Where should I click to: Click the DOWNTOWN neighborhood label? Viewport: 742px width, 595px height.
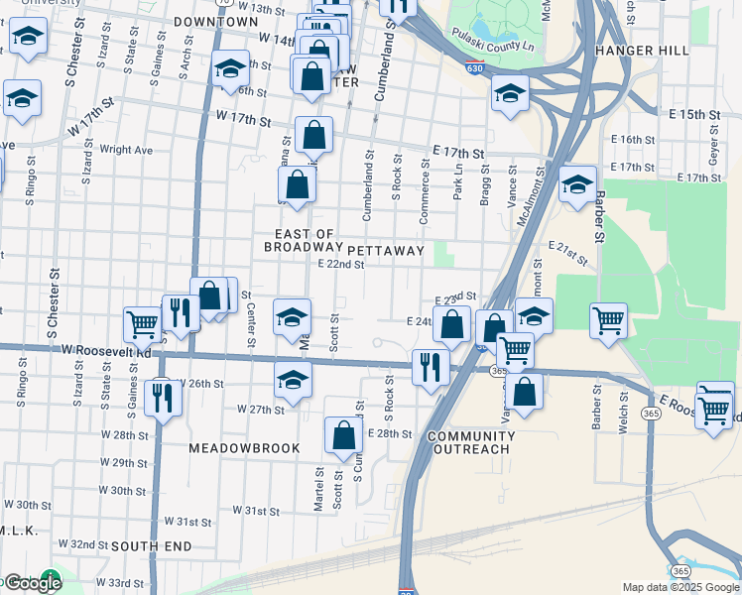[215, 21]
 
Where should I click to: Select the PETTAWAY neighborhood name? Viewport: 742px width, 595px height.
[385, 251]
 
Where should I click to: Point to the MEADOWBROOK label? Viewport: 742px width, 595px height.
[244, 448]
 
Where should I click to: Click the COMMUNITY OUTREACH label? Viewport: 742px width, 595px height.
[469, 442]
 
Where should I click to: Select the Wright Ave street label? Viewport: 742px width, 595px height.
[126, 150]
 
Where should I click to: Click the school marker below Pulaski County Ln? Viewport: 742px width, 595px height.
[510, 94]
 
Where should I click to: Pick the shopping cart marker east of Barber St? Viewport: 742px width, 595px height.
[608, 319]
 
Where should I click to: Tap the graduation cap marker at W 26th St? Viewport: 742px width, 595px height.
[292, 379]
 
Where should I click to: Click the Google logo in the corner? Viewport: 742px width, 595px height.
[32, 583]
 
